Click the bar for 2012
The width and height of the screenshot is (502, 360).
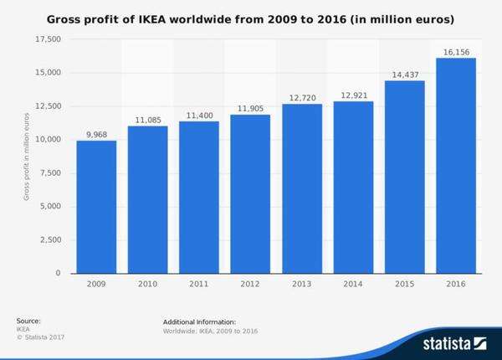pos(250,193)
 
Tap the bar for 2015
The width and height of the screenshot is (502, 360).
pos(404,177)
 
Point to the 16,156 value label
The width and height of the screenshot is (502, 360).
pos(456,51)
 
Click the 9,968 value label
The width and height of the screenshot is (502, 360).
pos(96,134)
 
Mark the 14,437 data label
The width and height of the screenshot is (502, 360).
pos(404,74)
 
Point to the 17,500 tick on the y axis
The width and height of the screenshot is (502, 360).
pos(48,39)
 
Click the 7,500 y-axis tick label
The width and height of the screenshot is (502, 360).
pos(50,173)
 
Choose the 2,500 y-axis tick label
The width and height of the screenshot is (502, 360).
pos(50,240)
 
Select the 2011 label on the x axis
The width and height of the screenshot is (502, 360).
pos(199,285)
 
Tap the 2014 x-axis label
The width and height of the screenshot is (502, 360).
pos(353,285)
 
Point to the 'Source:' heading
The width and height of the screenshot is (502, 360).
pos(28,321)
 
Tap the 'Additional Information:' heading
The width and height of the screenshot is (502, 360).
pos(199,321)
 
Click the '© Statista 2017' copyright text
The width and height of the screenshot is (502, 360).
pos(40,337)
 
